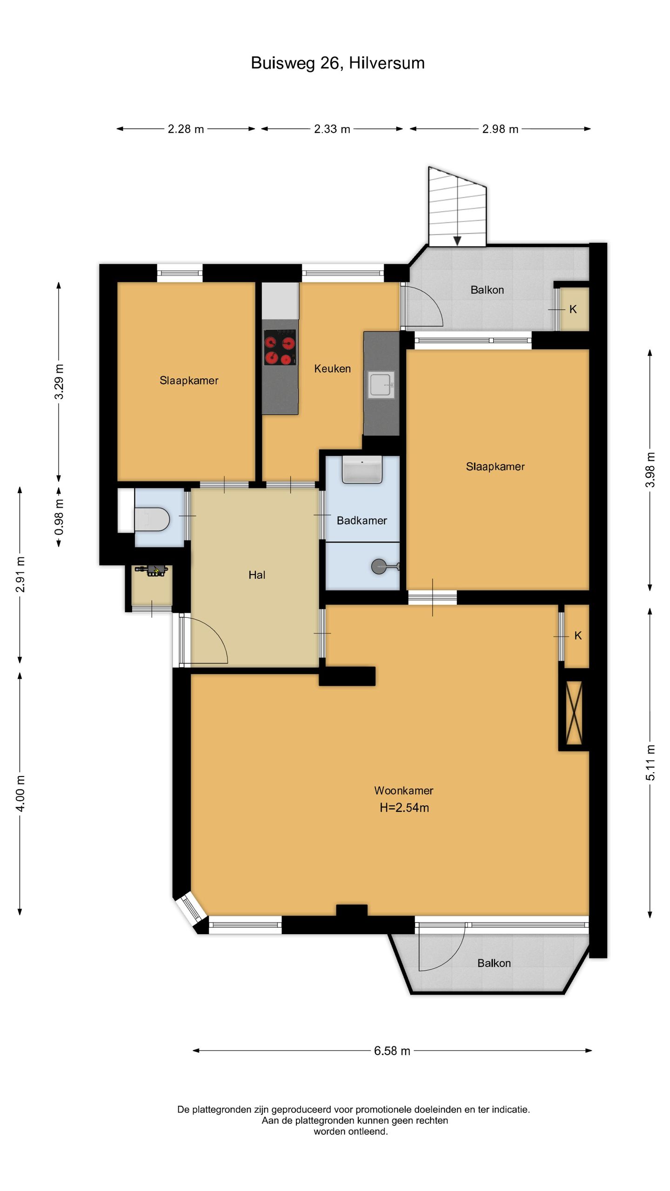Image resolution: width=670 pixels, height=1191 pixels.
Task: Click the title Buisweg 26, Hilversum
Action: tap(337, 63)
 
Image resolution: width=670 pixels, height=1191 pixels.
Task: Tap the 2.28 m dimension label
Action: tap(186, 129)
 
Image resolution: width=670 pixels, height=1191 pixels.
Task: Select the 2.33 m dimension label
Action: tap(332, 129)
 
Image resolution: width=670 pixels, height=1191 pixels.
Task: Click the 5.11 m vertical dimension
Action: tap(650, 763)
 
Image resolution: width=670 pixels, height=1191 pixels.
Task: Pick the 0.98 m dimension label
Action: tap(59, 517)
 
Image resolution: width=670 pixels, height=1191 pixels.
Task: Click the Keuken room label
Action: tap(332, 368)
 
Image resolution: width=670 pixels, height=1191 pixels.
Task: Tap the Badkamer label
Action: tap(362, 521)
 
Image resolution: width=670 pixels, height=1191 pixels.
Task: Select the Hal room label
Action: tap(257, 575)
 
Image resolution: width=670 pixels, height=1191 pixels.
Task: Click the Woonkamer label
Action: tap(404, 790)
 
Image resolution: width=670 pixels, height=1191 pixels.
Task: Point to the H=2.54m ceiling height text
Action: tap(404, 808)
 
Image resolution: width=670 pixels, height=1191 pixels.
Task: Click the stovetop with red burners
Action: tap(280, 347)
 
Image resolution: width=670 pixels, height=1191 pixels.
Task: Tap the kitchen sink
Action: tap(382, 384)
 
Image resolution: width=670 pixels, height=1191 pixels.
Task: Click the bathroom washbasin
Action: tap(362, 469)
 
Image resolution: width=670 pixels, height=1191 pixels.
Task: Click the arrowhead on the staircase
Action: tap(457, 241)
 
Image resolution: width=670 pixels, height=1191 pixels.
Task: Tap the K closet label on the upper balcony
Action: tap(573, 309)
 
